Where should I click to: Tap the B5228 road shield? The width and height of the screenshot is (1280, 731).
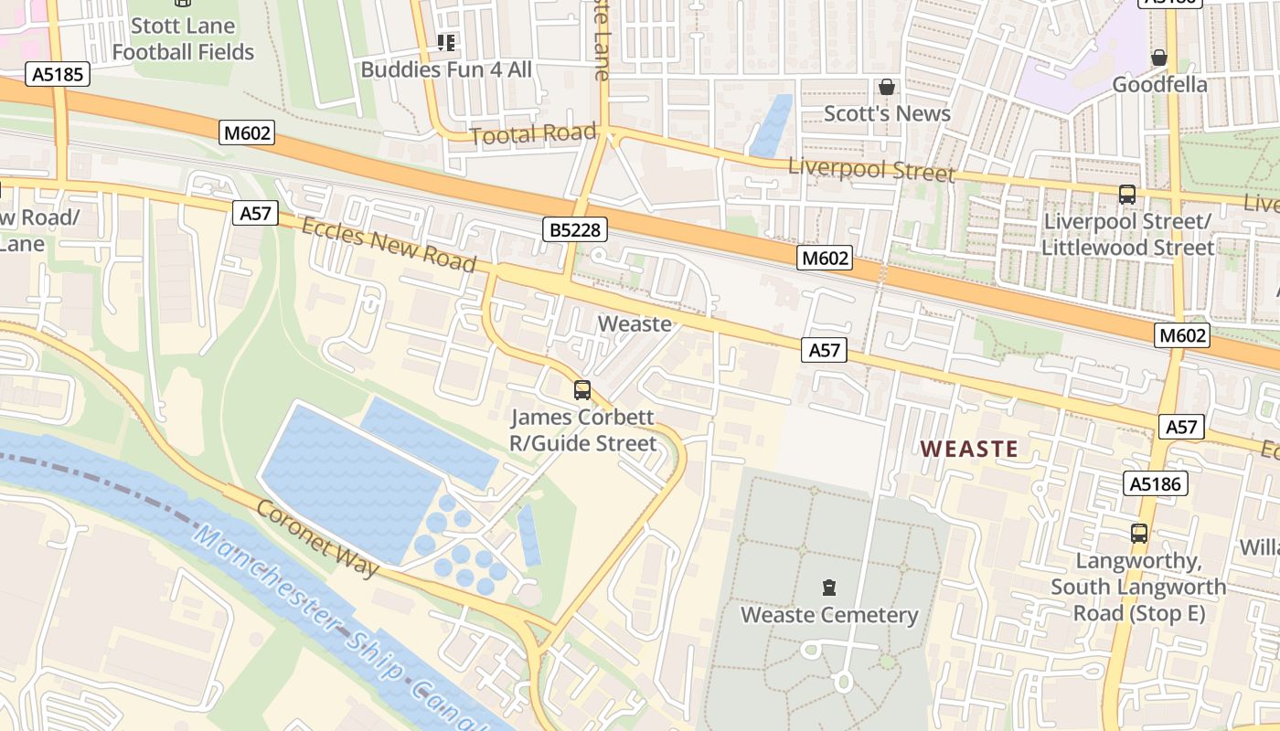coord(576,229)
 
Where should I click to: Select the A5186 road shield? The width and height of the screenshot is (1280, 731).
coord(1156,483)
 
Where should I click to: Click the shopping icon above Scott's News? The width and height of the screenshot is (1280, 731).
coord(886,88)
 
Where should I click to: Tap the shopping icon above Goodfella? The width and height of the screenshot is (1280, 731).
coord(1159,58)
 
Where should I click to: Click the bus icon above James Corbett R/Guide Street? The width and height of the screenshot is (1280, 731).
coord(582,390)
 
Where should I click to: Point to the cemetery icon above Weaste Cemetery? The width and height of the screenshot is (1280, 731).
coord(829,587)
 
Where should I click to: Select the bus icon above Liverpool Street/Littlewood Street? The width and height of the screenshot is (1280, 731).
coord(1127,195)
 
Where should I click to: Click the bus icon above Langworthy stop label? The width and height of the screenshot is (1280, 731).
coord(1138,534)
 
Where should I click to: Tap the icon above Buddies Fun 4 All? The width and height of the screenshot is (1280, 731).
coord(446,42)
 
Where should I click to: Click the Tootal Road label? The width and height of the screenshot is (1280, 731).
coord(532,134)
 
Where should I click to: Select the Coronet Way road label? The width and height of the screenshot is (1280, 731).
coord(317,539)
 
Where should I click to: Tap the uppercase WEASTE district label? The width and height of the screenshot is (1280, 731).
coord(968,449)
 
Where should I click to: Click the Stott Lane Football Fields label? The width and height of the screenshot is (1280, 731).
coord(183,38)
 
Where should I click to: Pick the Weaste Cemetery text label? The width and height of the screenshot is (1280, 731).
coord(829,615)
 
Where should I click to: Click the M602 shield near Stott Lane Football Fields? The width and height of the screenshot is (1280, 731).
coord(247,133)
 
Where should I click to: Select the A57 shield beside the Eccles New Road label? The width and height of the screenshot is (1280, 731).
coord(255,214)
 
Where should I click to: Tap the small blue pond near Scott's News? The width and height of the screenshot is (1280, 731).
coord(771,123)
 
